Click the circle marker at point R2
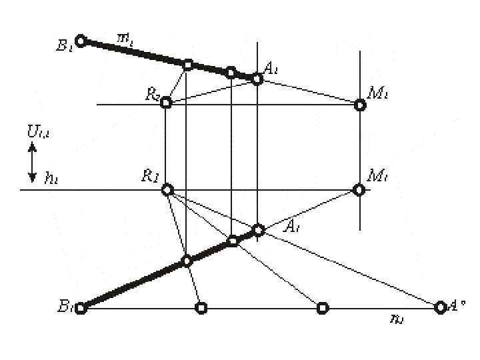(x=167, y=103)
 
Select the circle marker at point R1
(x=167, y=190)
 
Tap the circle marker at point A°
(x=439, y=307)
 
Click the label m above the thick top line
(x=125, y=39)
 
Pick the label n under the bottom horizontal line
(x=396, y=319)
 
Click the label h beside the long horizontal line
(x=50, y=177)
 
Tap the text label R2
(x=152, y=95)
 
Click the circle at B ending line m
(x=81, y=41)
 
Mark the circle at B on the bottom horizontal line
(x=81, y=308)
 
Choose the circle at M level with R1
(x=359, y=190)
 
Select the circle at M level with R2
(x=359, y=105)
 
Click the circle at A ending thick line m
(x=257, y=79)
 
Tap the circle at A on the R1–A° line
(x=259, y=230)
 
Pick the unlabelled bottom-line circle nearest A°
(x=323, y=307)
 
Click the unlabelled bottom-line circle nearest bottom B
(x=201, y=307)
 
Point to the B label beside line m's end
(x=65, y=46)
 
